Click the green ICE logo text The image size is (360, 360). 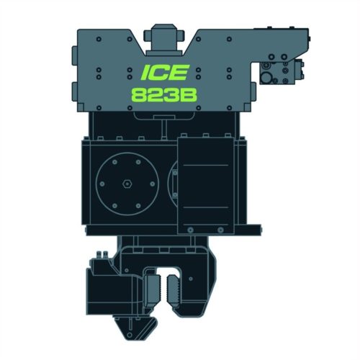(x=164, y=72)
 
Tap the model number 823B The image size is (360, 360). (x=164, y=94)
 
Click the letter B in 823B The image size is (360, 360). (x=189, y=94)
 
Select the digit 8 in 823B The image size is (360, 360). (x=140, y=94)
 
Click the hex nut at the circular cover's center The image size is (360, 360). (x=127, y=184)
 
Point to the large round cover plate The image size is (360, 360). (x=127, y=184)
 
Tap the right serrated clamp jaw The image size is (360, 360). (x=174, y=289)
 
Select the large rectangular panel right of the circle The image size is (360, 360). (x=206, y=186)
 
